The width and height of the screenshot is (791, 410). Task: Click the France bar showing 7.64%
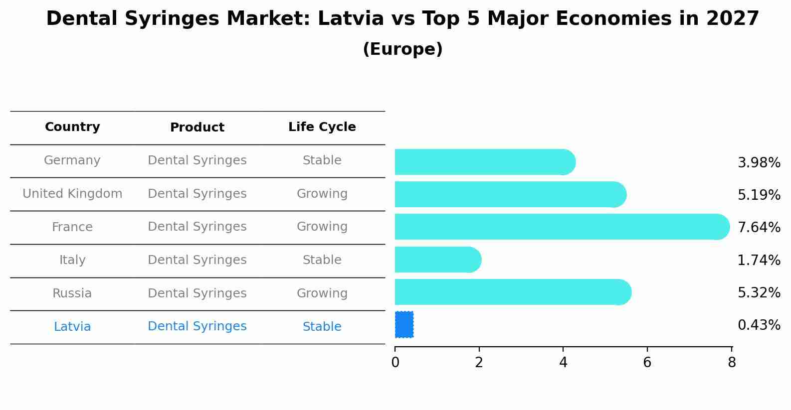click(x=562, y=227)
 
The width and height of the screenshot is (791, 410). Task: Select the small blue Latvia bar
click(x=404, y=324)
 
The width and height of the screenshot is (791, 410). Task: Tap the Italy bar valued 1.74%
click(x=437, y=260)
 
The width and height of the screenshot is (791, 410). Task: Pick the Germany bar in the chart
click(x=484, y=162)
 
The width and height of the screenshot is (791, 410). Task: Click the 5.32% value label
click(x=759, y=292)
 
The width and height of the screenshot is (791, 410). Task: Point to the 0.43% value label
click(x=759, y=325)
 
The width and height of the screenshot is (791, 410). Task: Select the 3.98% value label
click(x=759, y=162)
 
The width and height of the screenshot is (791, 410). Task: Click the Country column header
click(x=72, y=127)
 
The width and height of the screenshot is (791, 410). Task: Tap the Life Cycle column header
click(x=322, y=127)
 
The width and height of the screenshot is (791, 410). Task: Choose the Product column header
click(x=197, y=128)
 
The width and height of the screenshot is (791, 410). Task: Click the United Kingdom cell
click(x=72, y=194)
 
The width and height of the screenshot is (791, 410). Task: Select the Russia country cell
click(x=72, y=293)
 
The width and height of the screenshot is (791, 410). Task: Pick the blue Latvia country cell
click(x=72, y=327)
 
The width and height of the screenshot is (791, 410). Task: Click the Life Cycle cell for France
click(x=322, y=227)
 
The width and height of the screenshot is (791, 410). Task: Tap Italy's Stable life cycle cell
click(x=322, y=260)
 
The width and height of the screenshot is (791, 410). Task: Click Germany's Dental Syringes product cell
click(x=197, y=160)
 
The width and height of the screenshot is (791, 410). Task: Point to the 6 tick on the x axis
click(x=647, y=363)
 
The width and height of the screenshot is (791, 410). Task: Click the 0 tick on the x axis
click(x=395, y=363)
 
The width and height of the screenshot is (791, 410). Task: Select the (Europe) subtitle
click(x=402, y=49)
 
